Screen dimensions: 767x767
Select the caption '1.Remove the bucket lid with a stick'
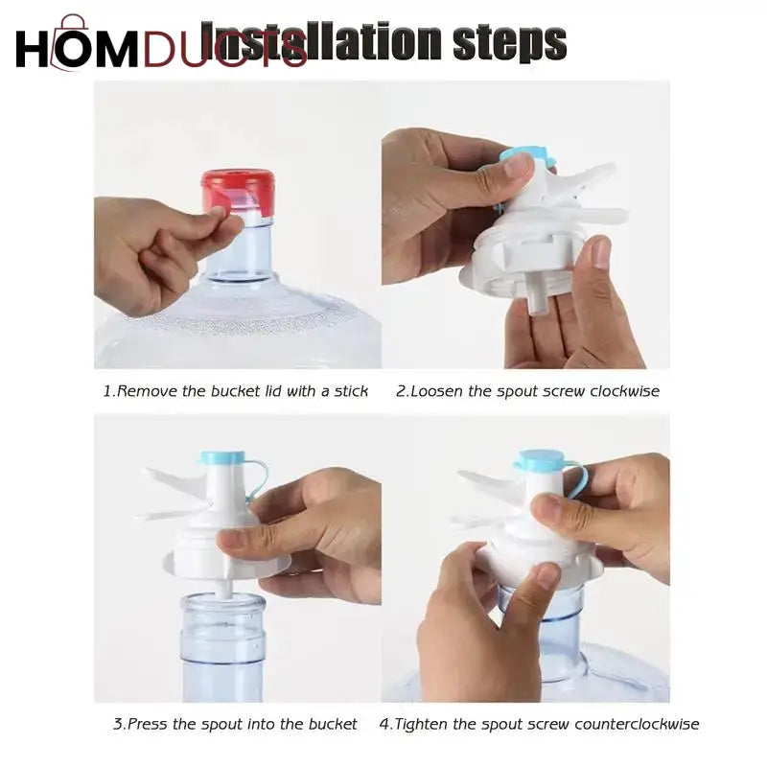click(x=235, y=391)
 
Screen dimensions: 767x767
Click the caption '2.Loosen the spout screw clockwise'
click(x=527, y=391)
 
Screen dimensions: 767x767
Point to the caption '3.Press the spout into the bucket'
click(x=235, y=724)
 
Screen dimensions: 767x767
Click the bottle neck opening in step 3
click(x=222, y=602)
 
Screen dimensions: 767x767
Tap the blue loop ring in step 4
click(x=577, y=479)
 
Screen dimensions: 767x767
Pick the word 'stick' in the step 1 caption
click(x=349, y=391)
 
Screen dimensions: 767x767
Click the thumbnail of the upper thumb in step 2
click(x=517, y=167)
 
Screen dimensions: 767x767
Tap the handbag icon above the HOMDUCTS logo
click(x=73, y=26)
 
